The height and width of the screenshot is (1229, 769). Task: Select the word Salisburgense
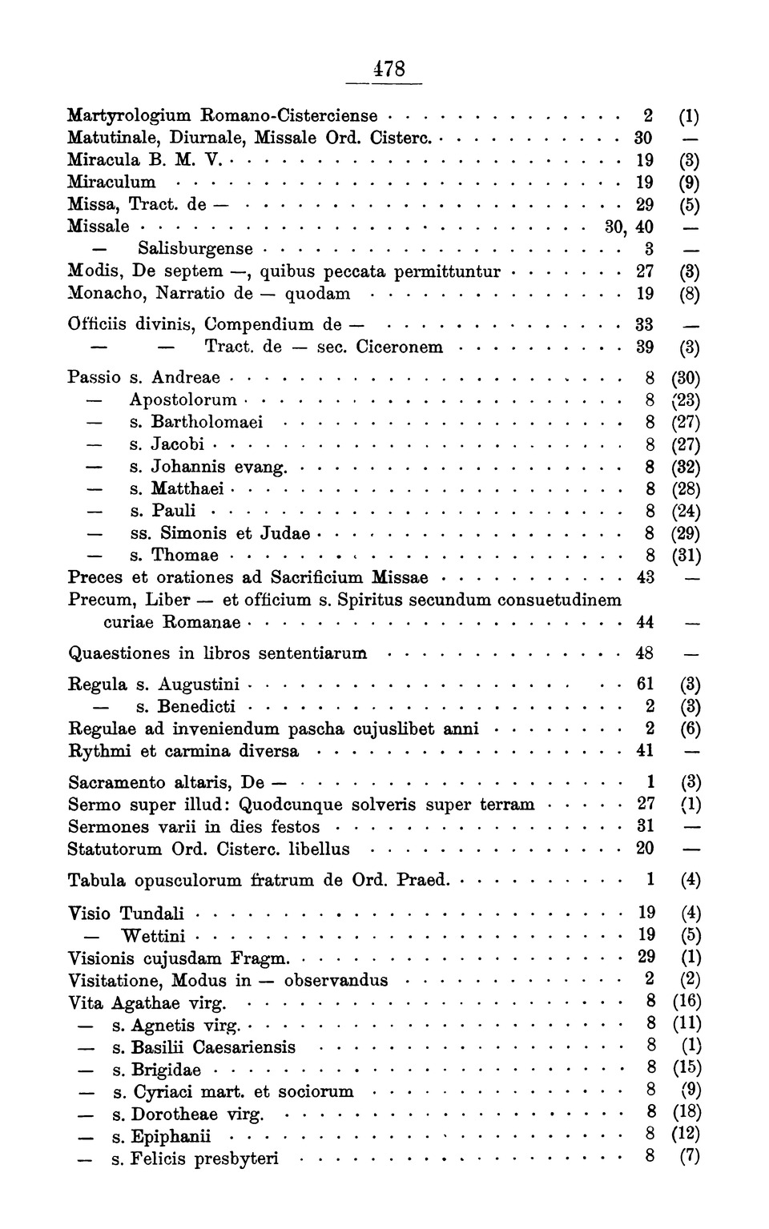click(195, 249)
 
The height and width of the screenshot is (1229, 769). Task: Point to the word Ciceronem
click(399, 347)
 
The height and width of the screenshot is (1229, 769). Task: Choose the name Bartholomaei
click(207, 422)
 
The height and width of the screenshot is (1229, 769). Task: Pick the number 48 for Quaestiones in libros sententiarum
click(645, 653)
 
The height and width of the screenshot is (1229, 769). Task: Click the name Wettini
click(153, 936)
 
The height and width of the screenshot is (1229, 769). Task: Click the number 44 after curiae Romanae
click(645, 622)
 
